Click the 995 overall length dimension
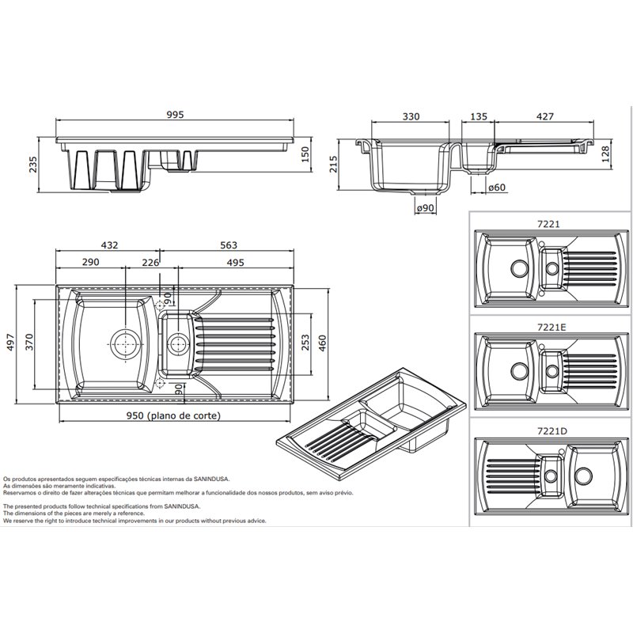pyautogui.click(x=175, y=115)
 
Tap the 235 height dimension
pyautogui.click(x=32, y=165)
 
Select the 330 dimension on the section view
pyautogui.click(x=411, y=116)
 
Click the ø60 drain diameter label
pyautogui.click(x=497, y=188)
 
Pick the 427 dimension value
pyautogui.click(x=545, y=116)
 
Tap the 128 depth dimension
pyautogui.click(x=606, y=154)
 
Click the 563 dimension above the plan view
pyautogui.click(x=229, y=245)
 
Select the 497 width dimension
pyautogui.click(x=10, y=343)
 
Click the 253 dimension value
pyautogui.click(x=305, y=343)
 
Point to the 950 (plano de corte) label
pyautogui.click(x=173, y=415)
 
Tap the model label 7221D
pyautogui.click(x=552, y=431)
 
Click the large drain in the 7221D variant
pyautogui.click(x=583, y=476)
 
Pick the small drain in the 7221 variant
pyautogui.click(x=552, y=267)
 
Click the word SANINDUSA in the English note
pyautogui.click(x=182, y=506)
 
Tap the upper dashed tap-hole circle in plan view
pyautogui.click(x=161, y=305)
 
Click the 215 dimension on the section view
pyautogui.click(x=333, y=165)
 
